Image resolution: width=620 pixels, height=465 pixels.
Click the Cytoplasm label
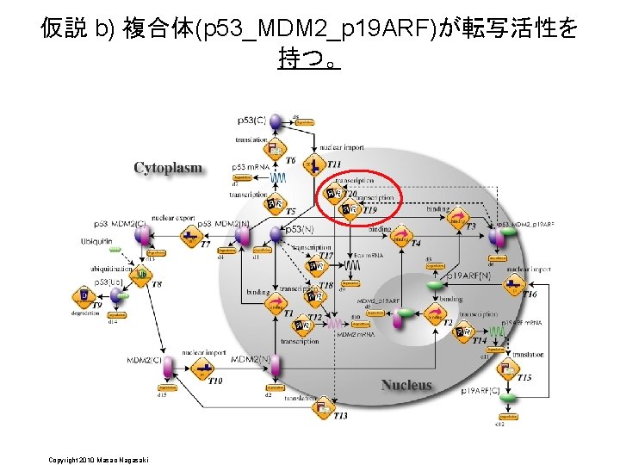(168, 168)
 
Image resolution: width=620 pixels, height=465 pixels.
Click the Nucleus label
(406, 384)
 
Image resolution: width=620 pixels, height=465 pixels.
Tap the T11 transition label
(333, 164)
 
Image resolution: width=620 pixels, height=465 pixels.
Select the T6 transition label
(290, 161)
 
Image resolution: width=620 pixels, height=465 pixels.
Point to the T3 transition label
(470, 226)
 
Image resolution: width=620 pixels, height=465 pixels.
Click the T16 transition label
(530, 294)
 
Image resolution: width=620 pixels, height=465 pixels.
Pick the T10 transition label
(215, 381)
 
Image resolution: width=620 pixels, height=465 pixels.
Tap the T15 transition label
(524, 377)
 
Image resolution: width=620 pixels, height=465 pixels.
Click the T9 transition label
(97, 305)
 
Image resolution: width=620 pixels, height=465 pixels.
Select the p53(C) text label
(251, 120)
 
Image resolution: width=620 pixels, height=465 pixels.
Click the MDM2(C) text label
(145, 360)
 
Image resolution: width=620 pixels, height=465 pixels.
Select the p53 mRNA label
(250, 166)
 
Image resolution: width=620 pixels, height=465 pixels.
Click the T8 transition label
(157, 283)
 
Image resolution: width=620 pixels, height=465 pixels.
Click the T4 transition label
(415, 244)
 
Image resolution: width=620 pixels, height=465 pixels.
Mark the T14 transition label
(480, 340)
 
